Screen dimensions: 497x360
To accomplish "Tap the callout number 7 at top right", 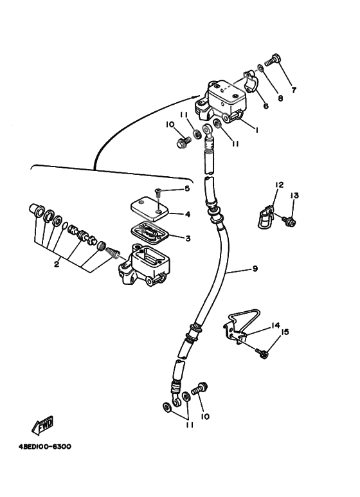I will pos(294,90).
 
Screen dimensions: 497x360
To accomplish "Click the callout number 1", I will pos(256,129).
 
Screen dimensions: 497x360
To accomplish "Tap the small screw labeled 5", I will pos(159,191).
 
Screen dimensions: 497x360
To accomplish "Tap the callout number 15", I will pos(285,332).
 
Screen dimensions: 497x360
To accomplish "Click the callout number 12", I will pos(278,185).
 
